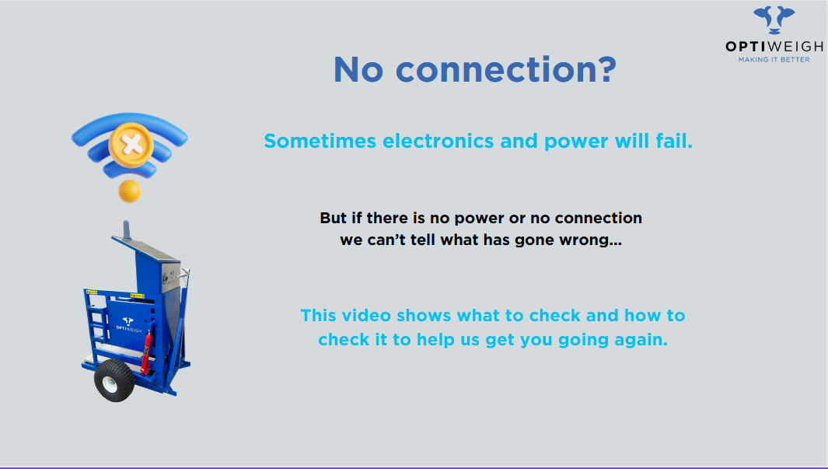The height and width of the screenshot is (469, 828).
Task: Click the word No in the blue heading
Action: (358, 70)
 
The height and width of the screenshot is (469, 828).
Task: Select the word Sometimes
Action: (320, 141)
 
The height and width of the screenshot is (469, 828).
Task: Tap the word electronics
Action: (438, 141)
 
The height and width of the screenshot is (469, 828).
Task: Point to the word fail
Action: (674, 141)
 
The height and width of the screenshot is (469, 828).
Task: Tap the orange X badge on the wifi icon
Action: (131, 145)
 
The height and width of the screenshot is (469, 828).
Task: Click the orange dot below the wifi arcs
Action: (129, 191)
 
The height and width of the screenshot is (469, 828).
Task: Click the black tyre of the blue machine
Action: (114, 380)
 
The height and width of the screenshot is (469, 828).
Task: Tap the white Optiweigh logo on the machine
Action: (128, 324)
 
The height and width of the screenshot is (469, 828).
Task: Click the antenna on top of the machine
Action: (127, 230)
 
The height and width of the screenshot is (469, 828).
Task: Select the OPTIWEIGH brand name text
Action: (774, 47)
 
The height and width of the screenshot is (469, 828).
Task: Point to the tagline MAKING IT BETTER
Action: (774, 60)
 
